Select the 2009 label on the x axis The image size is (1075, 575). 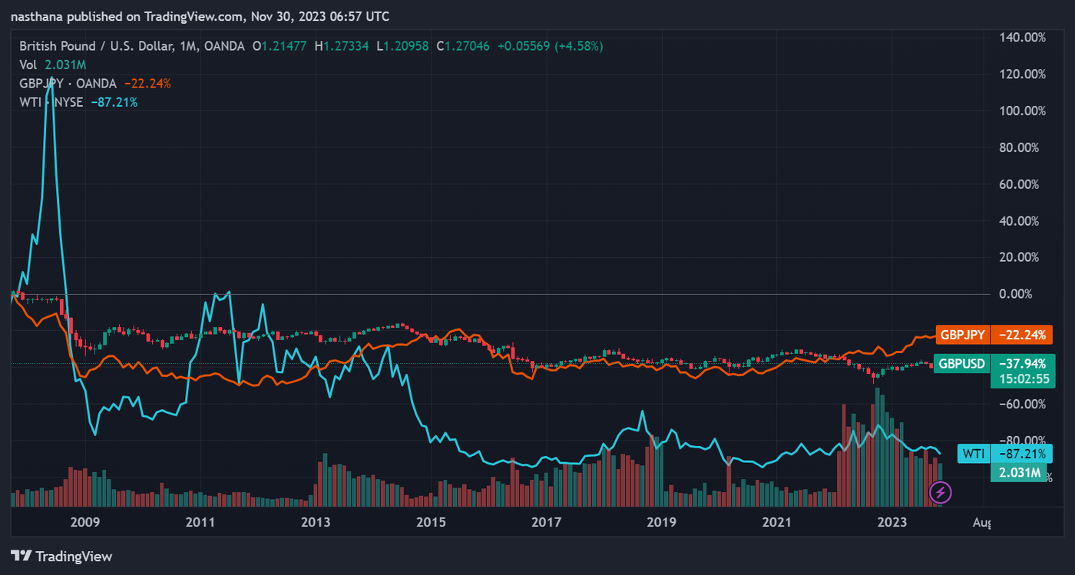pos(85,523)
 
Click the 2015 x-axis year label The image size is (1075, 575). pos(431,523)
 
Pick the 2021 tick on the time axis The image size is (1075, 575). pos(776,523)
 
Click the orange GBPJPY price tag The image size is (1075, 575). pos(963,335)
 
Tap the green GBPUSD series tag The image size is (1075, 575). pos(963,364)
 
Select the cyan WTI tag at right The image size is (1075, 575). pos(974,454)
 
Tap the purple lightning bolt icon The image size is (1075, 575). pos(941,491)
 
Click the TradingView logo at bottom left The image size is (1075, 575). pos(61,556)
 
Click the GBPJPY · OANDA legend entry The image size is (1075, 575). pos(68,83)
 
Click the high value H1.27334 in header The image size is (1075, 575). pos(347,46)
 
